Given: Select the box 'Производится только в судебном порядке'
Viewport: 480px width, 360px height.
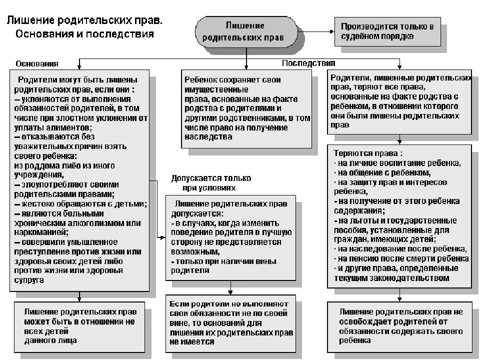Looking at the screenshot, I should point(387,31).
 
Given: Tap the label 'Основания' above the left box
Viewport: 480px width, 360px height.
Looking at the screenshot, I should point(37,63).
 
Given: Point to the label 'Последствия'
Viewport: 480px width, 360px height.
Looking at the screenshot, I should point(308,63).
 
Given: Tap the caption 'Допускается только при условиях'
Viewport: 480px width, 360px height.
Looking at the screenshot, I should point(211,182).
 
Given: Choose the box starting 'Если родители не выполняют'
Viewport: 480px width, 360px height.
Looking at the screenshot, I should point(231,322).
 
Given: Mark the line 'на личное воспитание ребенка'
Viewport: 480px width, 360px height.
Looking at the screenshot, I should point(399,163).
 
